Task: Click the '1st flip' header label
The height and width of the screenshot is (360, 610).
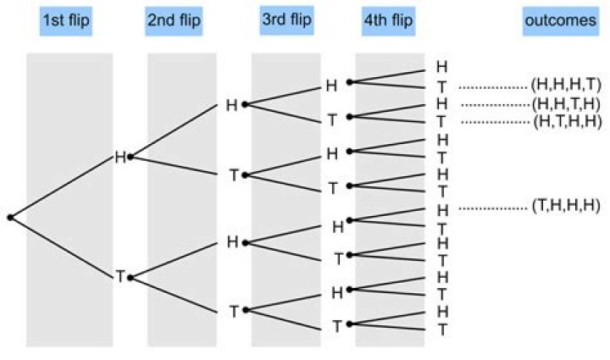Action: tap(66, 20)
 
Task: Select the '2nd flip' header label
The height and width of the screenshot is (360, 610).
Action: tap(174, 20)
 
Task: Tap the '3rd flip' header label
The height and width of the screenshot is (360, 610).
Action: tap(286, 19)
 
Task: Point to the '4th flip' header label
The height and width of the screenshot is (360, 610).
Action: tap(388, 20)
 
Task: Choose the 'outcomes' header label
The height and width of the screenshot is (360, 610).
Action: tap(561, 20)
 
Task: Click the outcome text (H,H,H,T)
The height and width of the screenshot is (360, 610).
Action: tap(566, 85)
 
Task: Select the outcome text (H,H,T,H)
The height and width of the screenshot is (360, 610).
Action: tap(566, 104)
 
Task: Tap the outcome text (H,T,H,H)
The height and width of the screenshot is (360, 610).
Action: tap(568, 122)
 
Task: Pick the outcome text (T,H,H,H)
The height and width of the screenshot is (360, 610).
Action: tap(566, 206)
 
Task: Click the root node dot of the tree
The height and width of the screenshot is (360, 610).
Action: tap(10, 218)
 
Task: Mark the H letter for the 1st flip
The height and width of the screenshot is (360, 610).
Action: tap(120, 158)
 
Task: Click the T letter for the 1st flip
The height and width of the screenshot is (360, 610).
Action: tap(120, 277)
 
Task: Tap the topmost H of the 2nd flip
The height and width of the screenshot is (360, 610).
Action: tap(231, 105)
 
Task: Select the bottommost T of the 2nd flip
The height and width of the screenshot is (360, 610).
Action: tap(234, 312)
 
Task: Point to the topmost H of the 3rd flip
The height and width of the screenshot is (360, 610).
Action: tap(331, 86)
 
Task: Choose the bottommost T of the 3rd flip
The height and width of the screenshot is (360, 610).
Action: tap(337, 326)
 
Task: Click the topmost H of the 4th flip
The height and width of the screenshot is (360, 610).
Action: tap(442, 67)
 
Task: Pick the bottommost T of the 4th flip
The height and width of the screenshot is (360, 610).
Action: tap(442, 330)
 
